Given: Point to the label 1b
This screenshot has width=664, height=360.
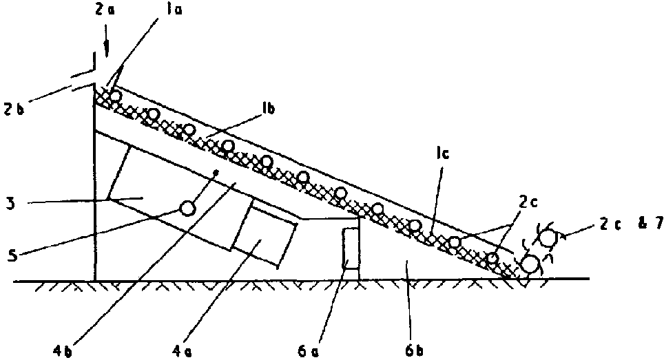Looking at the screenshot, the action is pyautogui.click(x=268, y=109).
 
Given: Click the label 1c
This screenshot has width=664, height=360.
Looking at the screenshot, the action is pyautogui.click(x=442, y=153).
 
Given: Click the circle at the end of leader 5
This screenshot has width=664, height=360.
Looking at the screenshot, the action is pyautogui.click(x=187, y=208).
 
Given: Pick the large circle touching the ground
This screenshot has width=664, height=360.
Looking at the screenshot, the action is pyautogui.click(x=530, y=265).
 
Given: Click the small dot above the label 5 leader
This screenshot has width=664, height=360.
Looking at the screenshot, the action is pyautogui.click(x=216, y=172).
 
